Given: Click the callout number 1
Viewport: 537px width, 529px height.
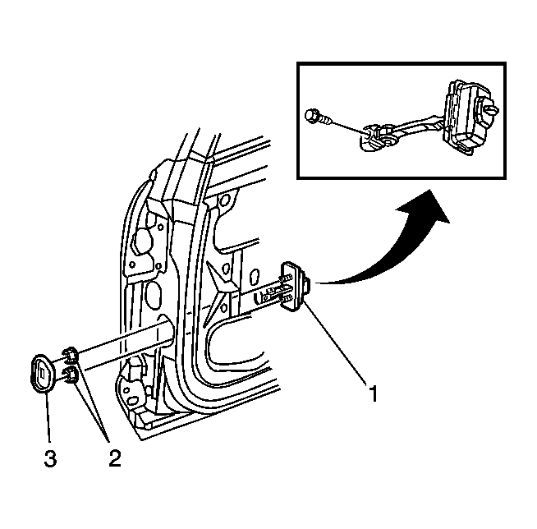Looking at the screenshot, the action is [374, 393].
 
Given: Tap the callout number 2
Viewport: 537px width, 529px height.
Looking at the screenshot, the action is [115, 458].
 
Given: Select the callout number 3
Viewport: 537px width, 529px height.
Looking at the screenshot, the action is [50, 458].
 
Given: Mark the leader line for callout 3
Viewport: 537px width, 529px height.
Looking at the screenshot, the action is [48, 418].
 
